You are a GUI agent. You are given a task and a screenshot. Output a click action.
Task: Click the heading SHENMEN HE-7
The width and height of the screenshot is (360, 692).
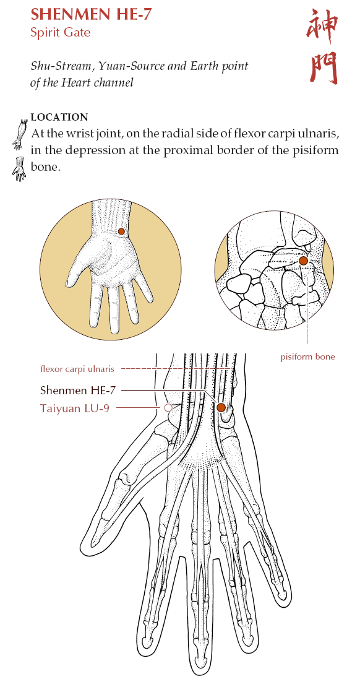point(91,15)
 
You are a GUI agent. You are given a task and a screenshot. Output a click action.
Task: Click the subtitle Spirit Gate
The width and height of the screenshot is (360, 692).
point(61,32)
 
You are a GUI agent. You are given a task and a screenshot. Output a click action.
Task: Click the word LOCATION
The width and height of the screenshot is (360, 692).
point(59,118)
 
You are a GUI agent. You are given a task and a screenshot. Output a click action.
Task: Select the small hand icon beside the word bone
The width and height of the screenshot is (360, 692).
point(19,168)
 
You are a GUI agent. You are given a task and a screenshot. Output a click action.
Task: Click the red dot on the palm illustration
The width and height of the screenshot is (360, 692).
point(121,231)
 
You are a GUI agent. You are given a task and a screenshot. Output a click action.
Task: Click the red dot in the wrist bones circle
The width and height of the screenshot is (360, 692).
point(303,261)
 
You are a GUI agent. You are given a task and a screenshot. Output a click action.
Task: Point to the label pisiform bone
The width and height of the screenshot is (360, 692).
point(307,357)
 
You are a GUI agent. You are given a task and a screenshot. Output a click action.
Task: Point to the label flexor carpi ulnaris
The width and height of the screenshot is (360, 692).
point(77,368)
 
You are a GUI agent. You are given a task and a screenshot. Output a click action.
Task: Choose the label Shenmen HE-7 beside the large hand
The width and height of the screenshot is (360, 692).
point(79,390)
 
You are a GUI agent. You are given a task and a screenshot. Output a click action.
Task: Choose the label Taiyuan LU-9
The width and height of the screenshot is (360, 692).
point(75,409)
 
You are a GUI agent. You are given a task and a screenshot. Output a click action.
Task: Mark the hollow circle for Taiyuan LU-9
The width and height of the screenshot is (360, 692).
point(168,409)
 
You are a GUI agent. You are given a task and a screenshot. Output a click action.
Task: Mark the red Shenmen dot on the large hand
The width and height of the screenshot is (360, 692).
point(221,407)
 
